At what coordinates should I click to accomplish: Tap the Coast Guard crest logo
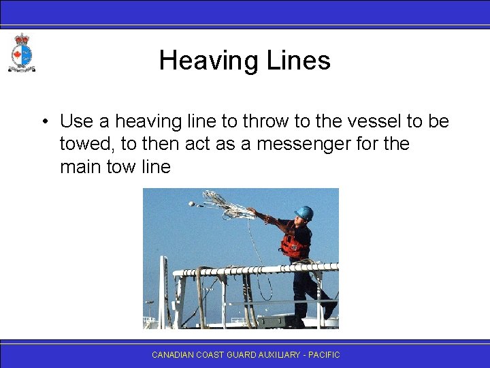coord(21,53)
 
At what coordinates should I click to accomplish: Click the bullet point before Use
coord(43,122)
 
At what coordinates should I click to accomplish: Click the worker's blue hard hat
coord(305,213)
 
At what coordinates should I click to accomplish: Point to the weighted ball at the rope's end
coord(193,203)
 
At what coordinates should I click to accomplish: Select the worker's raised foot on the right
coord(331,309)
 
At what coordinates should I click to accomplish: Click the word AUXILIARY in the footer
coord(279,355)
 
